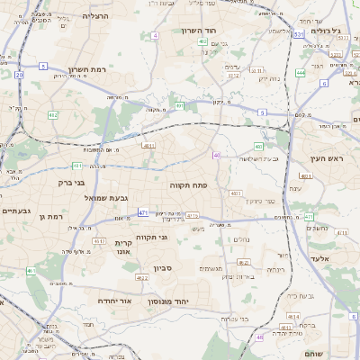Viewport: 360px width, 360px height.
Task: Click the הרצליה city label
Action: [x=94, y=16]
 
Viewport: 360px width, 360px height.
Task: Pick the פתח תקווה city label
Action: [x=188, y=184]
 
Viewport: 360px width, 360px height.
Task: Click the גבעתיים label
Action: [x=16, y=211]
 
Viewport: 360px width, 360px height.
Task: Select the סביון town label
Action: [x=162, y=266]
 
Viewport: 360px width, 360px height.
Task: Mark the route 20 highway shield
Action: [x=19, y=76]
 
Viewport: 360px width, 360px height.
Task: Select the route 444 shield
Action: [x=300, y=72]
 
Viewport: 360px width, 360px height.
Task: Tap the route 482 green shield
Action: [x=53, y=115]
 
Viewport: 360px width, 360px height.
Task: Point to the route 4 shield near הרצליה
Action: [x=155, y=35]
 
